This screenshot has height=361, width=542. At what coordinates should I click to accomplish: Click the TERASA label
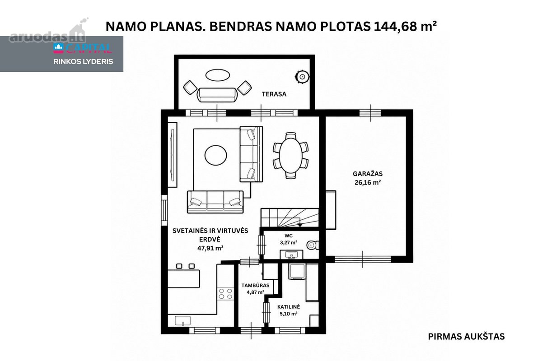coord(274,94)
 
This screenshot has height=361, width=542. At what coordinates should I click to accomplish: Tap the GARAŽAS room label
coord(368,174)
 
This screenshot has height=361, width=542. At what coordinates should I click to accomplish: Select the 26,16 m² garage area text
coord(368,182)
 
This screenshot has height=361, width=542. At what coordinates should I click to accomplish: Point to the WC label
coord(289,236)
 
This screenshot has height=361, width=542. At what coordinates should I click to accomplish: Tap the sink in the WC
coord(292,255)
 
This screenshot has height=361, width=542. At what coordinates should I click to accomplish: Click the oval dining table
coord(290,156)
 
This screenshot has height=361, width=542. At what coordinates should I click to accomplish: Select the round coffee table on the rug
coord(215,155)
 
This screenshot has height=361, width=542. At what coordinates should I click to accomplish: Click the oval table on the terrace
coord(218,75)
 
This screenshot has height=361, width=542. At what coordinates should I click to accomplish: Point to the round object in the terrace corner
coord(302,77)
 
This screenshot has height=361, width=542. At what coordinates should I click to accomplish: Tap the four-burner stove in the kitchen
coord(225,294)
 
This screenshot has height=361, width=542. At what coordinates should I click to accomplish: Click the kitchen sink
coord(182,321)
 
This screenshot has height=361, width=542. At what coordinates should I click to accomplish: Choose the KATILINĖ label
coord(289,307)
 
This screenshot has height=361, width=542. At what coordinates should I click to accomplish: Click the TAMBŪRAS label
coord(255,285)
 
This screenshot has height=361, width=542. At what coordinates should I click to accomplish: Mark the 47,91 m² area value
coord(210,248)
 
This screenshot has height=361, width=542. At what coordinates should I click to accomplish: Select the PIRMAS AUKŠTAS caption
coord(466,337)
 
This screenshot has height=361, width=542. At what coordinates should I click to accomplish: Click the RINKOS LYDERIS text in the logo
coord(83,62)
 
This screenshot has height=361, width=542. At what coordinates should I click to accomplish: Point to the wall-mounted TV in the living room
coord(172,155)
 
